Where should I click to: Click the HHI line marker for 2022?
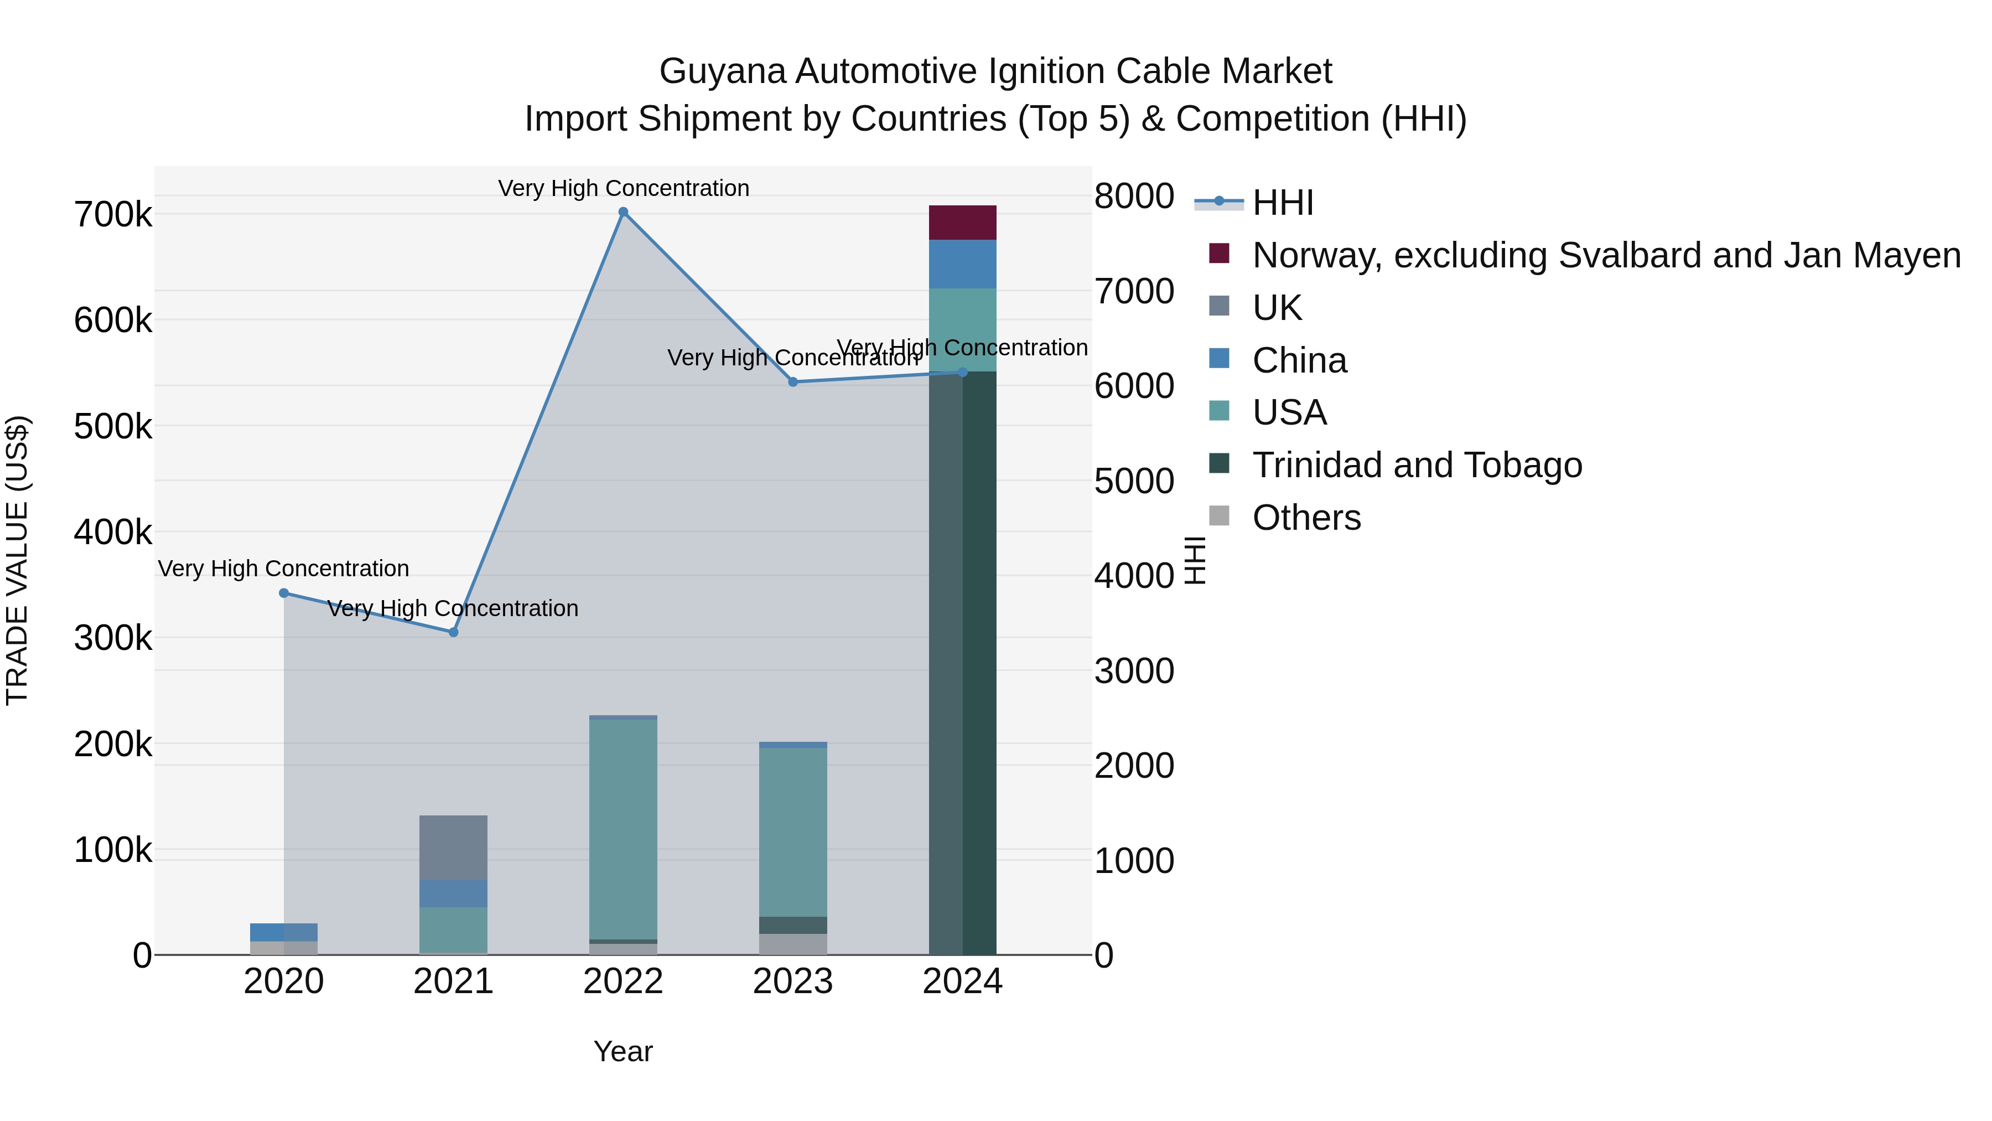pos(623,212)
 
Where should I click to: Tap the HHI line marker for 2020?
pos(284,593)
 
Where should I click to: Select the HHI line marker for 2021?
pos(454,632)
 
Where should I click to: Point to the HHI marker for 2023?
pos(792,382)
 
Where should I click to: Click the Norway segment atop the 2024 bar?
pos(962,223)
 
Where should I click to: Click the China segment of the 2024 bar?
pos(962,265)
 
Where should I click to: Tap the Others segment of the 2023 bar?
pos(792,944)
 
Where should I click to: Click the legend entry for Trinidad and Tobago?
pos(1417,465)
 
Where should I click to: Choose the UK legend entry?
pos(1277,308)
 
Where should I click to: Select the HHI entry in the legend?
pos(1282,203)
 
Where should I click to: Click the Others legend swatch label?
pos(1306,518)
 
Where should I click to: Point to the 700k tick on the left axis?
pos(113,215)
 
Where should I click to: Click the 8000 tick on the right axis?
pos(1134,196)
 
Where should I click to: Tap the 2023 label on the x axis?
pos(792,981)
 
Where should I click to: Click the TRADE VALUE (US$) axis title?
pos(17,560)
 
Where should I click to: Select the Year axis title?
pos(622,1051)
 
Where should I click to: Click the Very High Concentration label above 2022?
pos(623,188)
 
